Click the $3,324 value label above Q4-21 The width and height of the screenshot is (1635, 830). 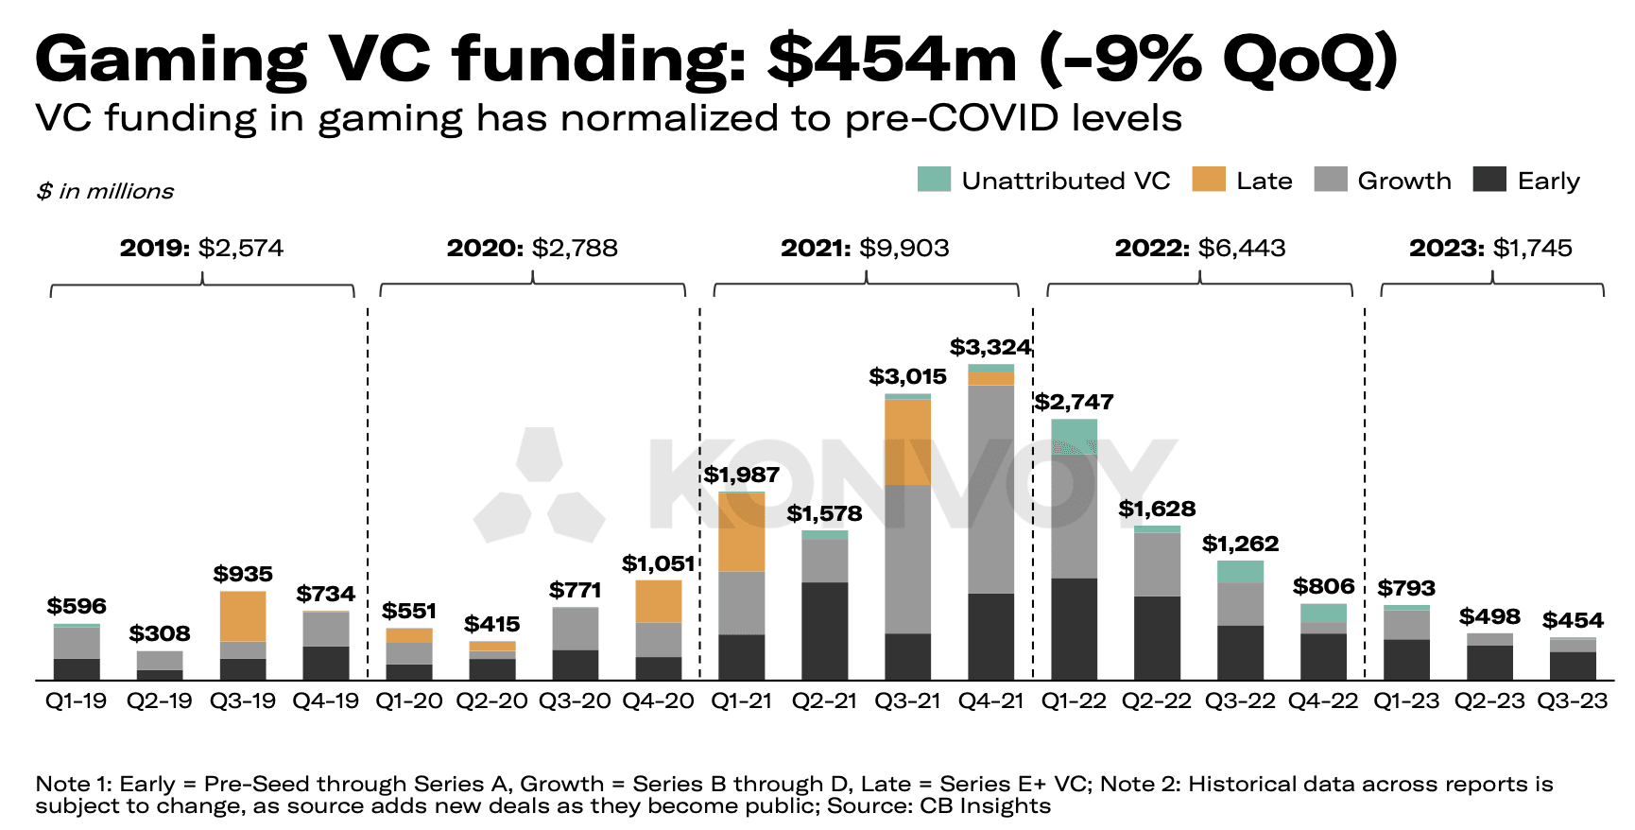(990, 347)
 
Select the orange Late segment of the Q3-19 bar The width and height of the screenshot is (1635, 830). (243, 616)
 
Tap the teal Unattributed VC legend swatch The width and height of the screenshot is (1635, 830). (934, 180)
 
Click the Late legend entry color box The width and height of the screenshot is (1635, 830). (1208, 180)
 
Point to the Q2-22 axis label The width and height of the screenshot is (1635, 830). (1157, 701)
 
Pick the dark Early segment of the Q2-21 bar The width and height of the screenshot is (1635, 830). (825, 631)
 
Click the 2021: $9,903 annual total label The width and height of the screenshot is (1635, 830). (865, 248)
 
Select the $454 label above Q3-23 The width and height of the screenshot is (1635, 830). (1573, 620)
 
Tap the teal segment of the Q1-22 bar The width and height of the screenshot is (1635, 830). (1075, 436)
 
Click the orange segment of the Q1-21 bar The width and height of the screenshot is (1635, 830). (742, 532)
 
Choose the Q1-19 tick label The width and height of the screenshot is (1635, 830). (77, 701)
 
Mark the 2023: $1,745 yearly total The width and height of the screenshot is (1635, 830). (1490, 248)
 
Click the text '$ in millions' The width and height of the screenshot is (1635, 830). (105, 191)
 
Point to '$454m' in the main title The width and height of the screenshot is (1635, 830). (891, 59)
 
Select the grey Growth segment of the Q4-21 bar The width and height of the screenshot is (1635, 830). (991, 489)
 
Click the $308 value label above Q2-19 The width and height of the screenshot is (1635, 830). (160, 633)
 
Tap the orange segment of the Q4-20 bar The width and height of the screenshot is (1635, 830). (659, 601)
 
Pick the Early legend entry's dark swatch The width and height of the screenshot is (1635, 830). (1489, 180)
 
